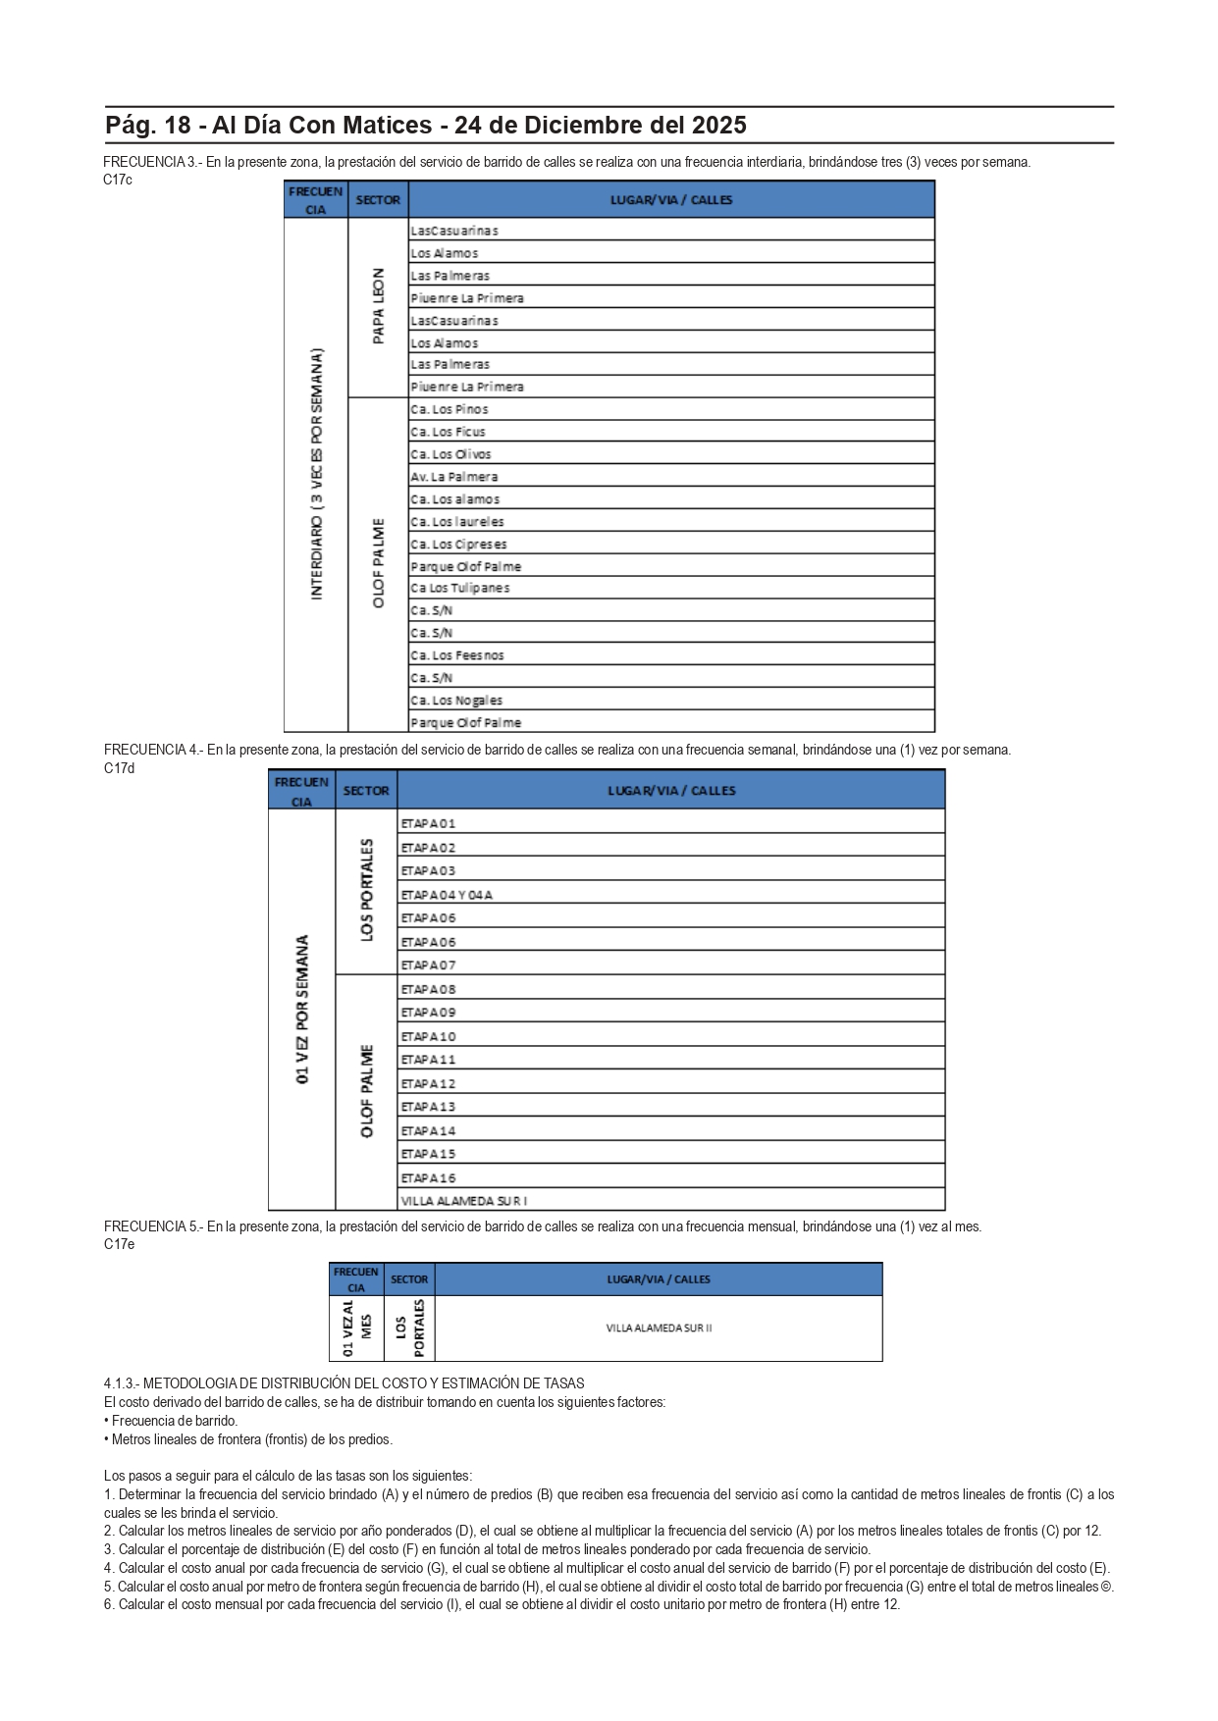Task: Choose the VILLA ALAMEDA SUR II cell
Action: click(x=659, y=1329)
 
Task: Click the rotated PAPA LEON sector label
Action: click(x=378, y=306)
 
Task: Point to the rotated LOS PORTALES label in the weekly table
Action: click(x=366, y=890)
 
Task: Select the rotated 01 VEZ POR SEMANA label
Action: click(x=302, y=1009)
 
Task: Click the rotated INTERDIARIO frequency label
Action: click(x=316, y=473)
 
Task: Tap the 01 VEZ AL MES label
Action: click(x=355, y=1329)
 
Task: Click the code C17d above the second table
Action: click(x=120, y=768)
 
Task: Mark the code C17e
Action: click(x=120, y=1244)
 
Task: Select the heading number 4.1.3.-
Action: click(x=122, y=1383)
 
